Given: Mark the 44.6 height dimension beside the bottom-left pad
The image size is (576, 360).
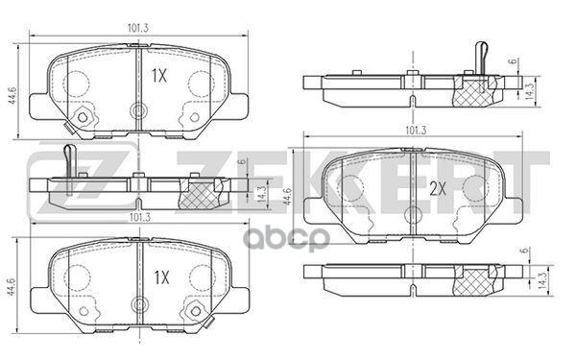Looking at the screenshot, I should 12,286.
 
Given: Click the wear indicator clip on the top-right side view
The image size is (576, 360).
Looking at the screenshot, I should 484,57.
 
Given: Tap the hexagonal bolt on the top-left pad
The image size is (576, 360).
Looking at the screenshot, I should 82,118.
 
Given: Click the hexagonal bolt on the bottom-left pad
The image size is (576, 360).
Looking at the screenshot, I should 196,311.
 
